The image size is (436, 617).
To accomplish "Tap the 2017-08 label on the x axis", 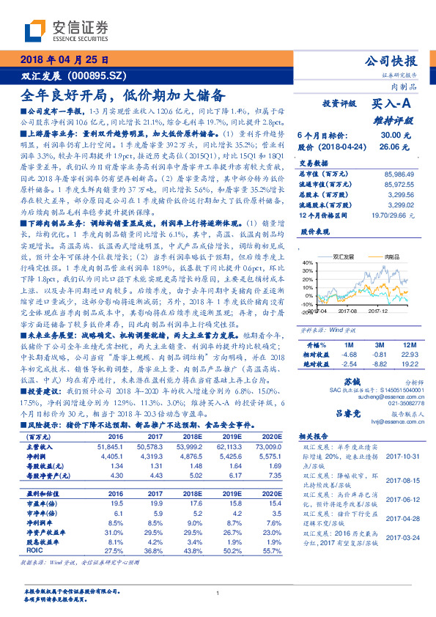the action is click(347, 311).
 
